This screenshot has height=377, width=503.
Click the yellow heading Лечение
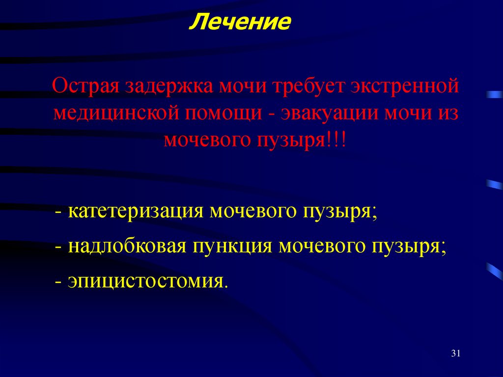point(240,23)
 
